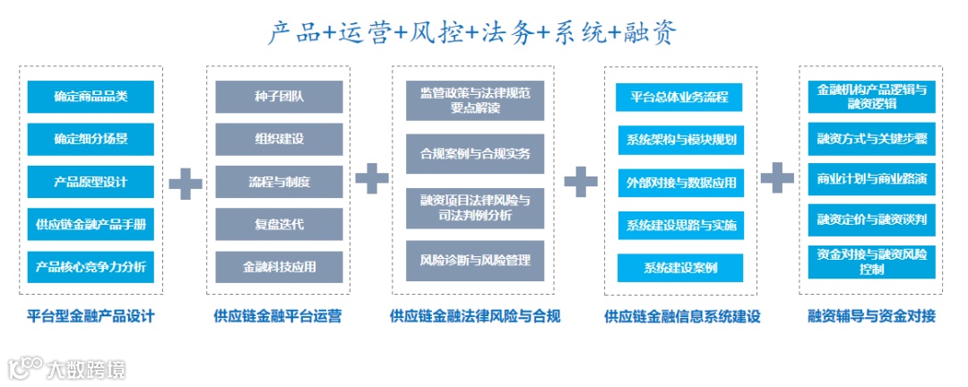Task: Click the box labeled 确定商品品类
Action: [x=91, y=97]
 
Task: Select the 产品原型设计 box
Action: [x=91, y=182]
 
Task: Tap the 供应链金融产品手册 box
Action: [x=91, y=224]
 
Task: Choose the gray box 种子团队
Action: [x=279, y=97]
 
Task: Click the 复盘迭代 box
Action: [x=279, y=224]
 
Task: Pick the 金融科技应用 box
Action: [x=279, y=267]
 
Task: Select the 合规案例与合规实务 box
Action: [x=475, y=153]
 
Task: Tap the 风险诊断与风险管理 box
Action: [x=475, y=260]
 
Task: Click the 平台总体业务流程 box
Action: [x=679, y=97]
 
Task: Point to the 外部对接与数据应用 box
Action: [x=679, y=183]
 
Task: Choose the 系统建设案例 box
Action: [x=679, y=268]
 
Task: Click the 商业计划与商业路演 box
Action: [x=871, y=178]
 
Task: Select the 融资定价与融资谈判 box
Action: [x=871, y=219]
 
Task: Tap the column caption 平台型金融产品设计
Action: [x=91, y=316]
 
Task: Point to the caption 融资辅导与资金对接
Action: [x=871, y=316]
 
